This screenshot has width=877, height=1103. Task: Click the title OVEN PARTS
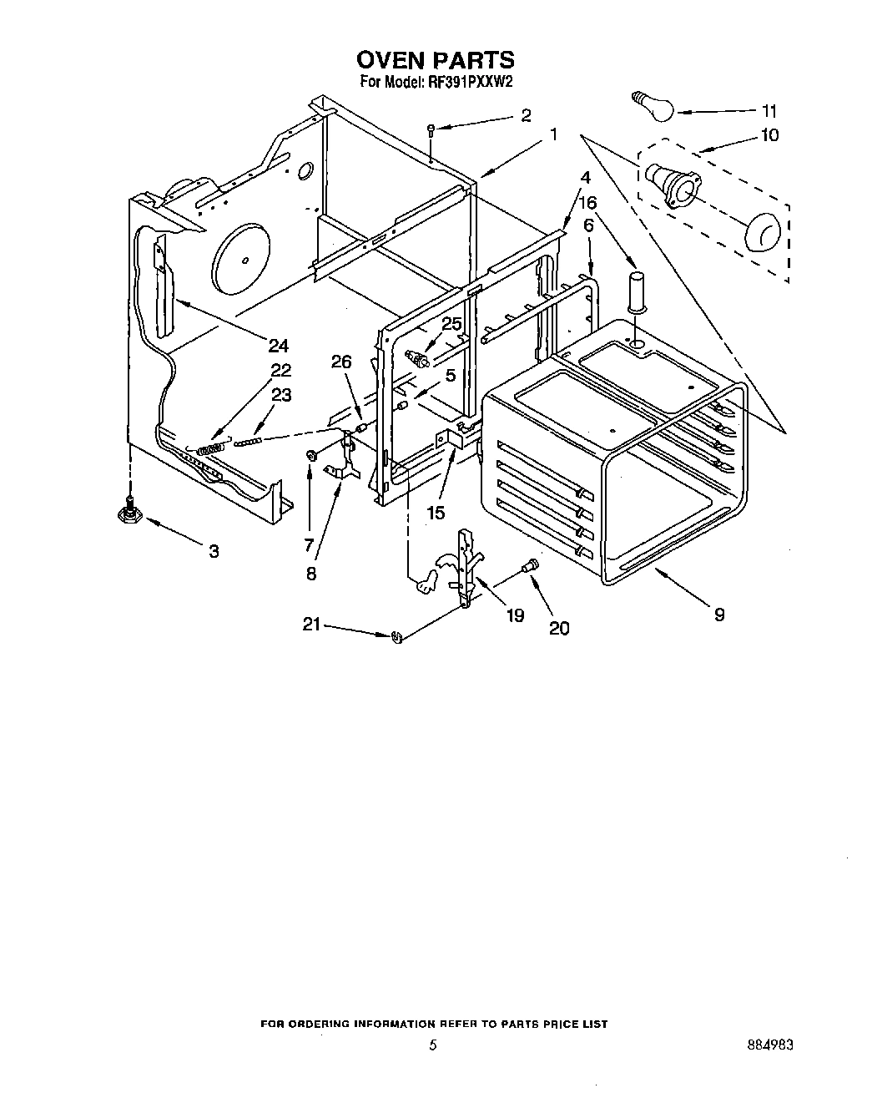[x=435, y=60]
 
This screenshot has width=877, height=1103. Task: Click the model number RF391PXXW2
[x=469, y=82]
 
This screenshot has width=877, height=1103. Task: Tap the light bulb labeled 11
[x=651, y=107]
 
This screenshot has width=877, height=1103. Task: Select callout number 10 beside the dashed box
[x=769, y=134]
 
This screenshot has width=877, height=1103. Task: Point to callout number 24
[x=278, y=345]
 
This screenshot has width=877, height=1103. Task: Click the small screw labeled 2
[x=431, y=129]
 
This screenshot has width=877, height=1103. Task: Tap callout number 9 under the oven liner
[x=718, y=615]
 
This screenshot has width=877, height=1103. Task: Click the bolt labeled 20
[x=527, y=568]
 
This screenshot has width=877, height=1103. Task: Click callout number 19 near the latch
[x=515, y=615]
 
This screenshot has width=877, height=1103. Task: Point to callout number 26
[x=342, y=362]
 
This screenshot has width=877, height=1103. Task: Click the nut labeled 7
[x=311, y=455]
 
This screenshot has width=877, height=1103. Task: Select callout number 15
[x=436, y=512]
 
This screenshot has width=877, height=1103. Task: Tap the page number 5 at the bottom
[x=432, y=1045]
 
